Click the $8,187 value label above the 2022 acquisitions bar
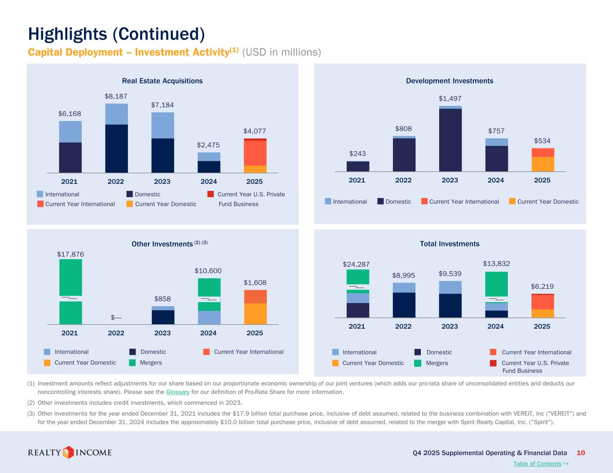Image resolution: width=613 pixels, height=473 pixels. pyautogui.click(x=116, y=96)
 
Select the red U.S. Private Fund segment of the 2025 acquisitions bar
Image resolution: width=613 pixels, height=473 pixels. pyautogui.click(x=255, y=139)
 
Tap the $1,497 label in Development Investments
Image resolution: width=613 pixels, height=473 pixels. pyautogui.click(x=450, y=99)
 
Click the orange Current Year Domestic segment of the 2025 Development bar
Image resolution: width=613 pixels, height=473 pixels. pyautogui.click(x=542, y=164)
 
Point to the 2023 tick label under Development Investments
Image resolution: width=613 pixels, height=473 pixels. pyautogui.click(x=450, y=180)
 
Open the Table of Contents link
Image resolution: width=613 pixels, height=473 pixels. pyautogui.click(x=538, y=464)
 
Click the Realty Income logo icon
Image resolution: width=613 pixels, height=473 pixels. pyautogui.click(x=68, y=452)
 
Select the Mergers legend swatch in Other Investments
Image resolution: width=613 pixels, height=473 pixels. pyautogui.click(x=132, y=363)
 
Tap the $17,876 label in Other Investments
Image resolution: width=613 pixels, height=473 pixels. pyautogui.click(x=71, y=254)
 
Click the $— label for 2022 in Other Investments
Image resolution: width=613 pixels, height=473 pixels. pyautogui.click(x=116, y=317)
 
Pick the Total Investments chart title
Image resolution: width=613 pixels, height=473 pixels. pyautogui.click(x=450, y=244)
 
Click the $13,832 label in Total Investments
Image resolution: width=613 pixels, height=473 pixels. pyautogui.click(x=496, y=264)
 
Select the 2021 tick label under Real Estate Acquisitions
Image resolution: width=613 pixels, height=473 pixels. pyautogui.click(x=70, y=182)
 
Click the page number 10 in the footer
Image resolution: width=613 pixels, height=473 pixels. pyautogui.click(x=581, y=453)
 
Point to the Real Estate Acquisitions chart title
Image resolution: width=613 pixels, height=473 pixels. pyautogui.click(x=162, y=81)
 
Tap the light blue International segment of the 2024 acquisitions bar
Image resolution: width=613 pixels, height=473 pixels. pyautogui.click(x=209, y=156)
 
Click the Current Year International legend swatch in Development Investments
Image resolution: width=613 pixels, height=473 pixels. pyautogui.click(x=424, y=201)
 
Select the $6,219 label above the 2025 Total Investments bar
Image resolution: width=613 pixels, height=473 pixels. pyautogui.click(x=542, y=286)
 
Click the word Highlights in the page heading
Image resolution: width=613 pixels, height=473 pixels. pyautogui.click(x=67, y=34)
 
